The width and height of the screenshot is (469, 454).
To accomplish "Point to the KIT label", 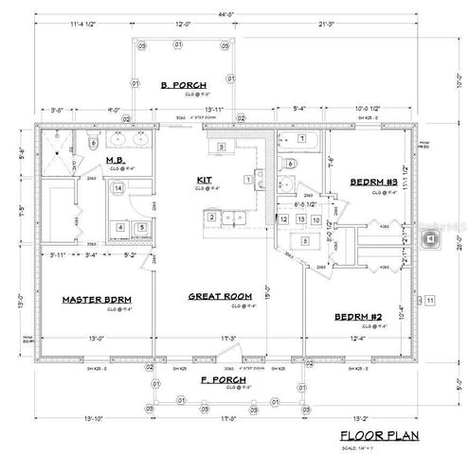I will [203, 179].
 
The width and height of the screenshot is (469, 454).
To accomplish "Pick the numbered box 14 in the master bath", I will [117, 189].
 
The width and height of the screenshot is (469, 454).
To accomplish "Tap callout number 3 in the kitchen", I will [221, 148].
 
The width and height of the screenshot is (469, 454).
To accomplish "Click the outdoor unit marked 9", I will [431, 239].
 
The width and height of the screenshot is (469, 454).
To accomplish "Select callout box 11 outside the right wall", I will [429, 301].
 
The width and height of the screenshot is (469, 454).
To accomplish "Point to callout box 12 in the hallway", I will [284, 219].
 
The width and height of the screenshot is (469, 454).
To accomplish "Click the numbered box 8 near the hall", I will [303, 241].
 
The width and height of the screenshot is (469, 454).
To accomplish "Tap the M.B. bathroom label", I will [117, 161].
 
